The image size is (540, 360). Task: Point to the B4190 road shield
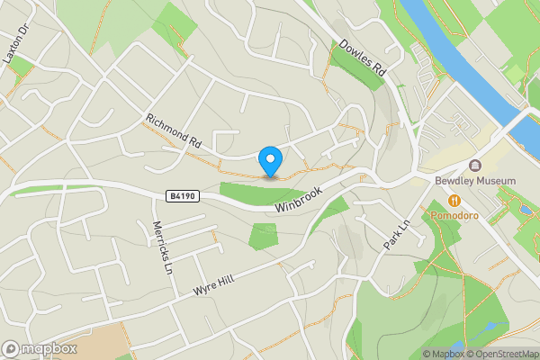click(x=181, y=194)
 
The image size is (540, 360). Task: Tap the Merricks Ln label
click(x=161, y=247)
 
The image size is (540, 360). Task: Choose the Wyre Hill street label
click(x=213, y=286)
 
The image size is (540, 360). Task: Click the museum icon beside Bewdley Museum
click(x=474, y=166)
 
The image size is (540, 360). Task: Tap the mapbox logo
click(x=40, y=348)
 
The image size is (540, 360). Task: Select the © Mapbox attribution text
click(x=442, y=354)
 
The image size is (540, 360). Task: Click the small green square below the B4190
click(x=264, y=237)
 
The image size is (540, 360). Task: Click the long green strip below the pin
click(x=261, y=192)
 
